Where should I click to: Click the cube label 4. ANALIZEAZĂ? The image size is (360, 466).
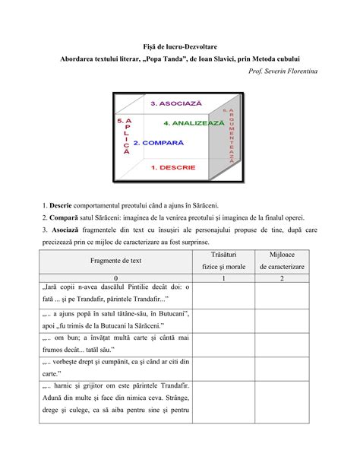pos(194,122)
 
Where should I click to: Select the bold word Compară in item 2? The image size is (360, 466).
pos(62,217)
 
